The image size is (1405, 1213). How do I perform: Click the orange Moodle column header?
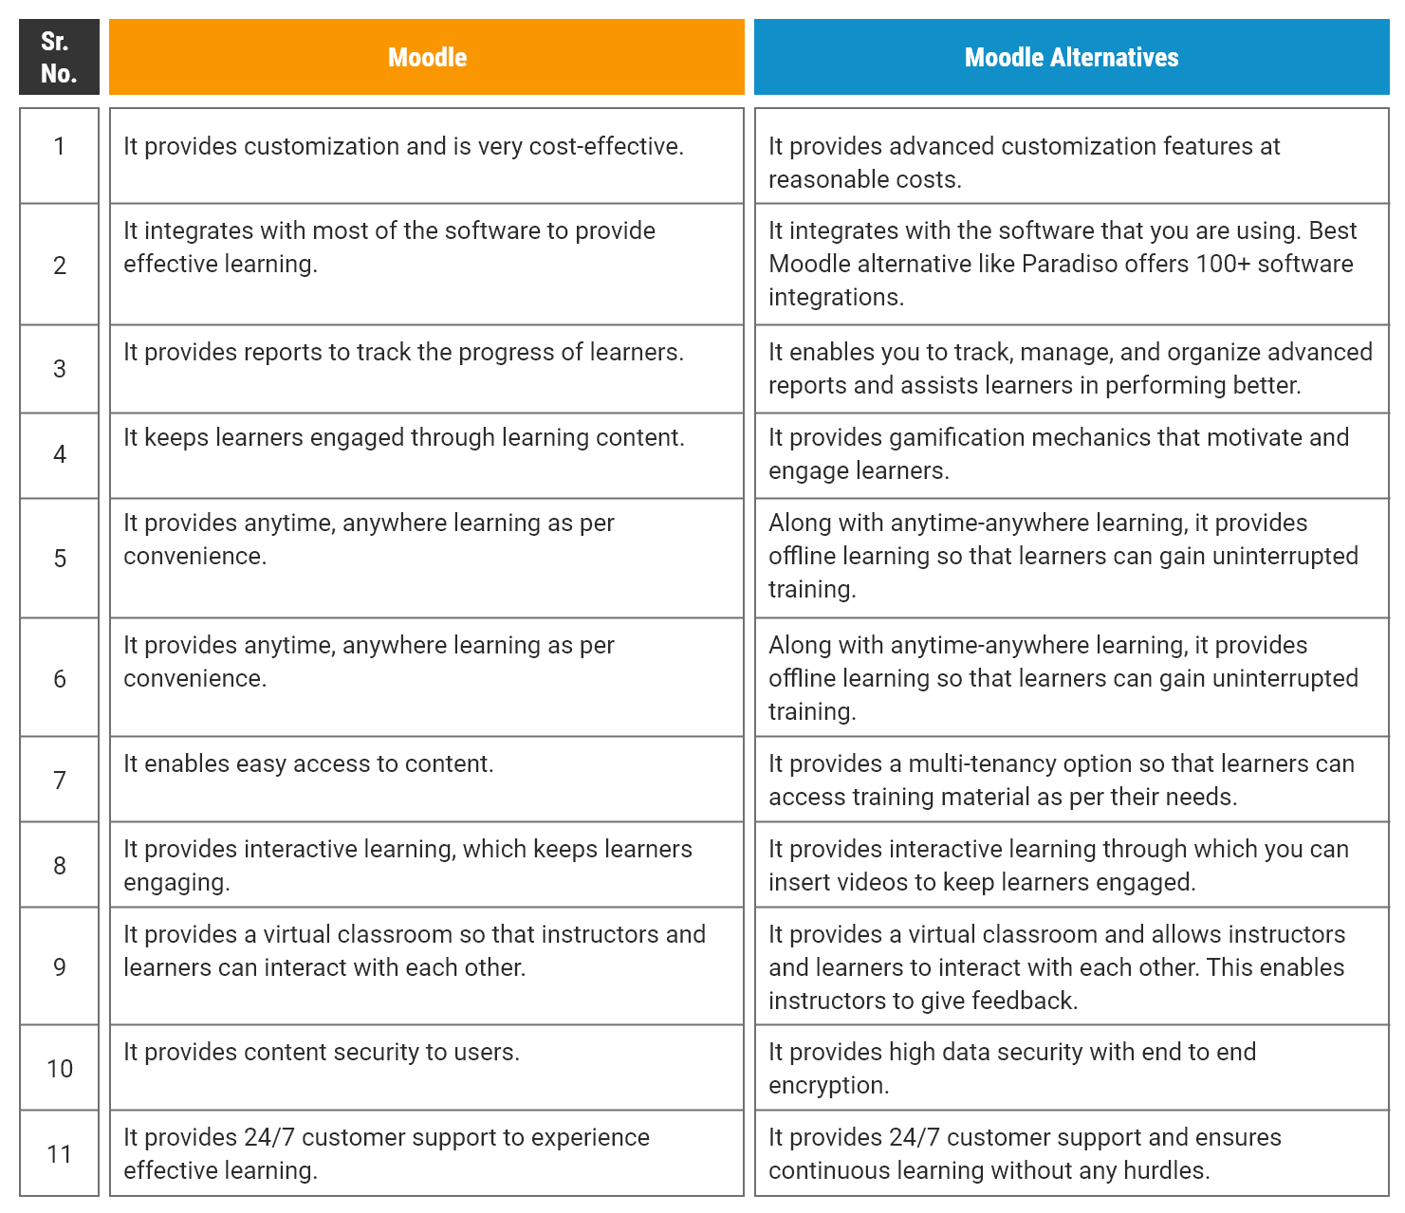click(x=427, y=57)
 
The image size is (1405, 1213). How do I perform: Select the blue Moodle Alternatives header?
click(x=1071, y=57)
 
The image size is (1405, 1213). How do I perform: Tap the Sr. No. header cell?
click(x=59, y=57)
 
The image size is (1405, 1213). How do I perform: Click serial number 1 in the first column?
click(x=59, y=146)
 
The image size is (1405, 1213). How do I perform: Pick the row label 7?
click(x=59, y=780)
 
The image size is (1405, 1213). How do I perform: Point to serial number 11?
click(x=59, y=1153)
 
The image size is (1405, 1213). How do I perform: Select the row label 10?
click(x=59, y=1068)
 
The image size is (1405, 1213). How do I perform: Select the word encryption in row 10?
click(x=827, y=1085)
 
